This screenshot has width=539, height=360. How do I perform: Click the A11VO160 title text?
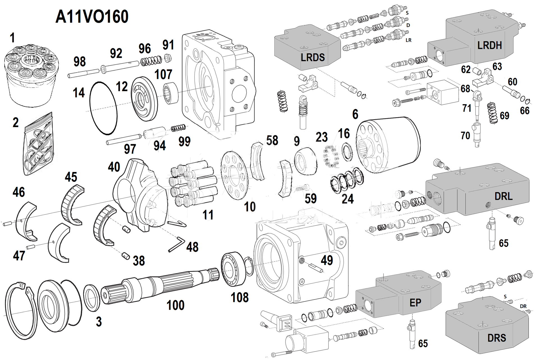click(x=92, y=17)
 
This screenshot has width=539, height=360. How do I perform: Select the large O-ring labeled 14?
click(x=103, y=108)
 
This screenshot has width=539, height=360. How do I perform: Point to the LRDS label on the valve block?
click(x=312, y=58)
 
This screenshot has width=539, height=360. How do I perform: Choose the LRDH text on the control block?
click(x=489, y=45)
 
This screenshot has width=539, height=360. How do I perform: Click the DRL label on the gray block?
click(x=503, y=196)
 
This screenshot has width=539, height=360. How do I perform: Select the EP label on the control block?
click(x=415, y=303)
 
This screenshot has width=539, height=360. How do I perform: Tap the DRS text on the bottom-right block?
click(x=497, y=338)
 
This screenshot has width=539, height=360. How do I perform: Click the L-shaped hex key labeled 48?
click(x=177, y=244)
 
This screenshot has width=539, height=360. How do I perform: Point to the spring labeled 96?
click(x=151, y=60)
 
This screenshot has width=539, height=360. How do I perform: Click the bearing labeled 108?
click(x=233, y=269)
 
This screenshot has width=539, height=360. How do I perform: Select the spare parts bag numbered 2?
click(x=38, y=145)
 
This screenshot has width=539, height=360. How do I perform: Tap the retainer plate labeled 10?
click(x=234, y=175)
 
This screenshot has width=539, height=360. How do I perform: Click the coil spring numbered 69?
click(x=493, y=113)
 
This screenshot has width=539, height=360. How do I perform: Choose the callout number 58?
click(x=272, y=141)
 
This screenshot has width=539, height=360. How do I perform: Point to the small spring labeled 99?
click(x=179, y=128)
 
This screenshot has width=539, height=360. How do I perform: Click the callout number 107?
click(x=163, y=75)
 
